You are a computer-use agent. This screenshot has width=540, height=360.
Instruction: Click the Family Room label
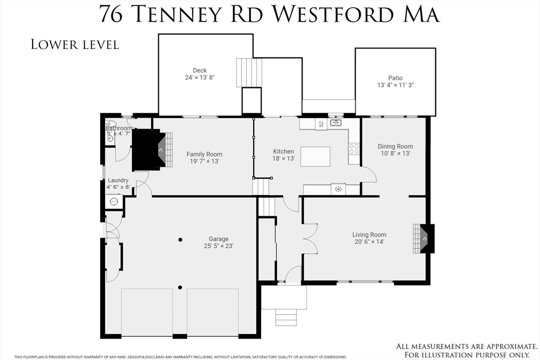click(204, 154)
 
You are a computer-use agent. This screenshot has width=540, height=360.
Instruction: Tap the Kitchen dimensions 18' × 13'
click(283, 159)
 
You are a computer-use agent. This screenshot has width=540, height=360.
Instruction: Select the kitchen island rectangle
click(315, 157)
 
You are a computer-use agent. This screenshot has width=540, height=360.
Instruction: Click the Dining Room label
click(395, 147)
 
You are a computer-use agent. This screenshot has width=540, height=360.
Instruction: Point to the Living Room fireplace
click(423, 238)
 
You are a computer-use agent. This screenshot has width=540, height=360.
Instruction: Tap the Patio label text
click(395, 78)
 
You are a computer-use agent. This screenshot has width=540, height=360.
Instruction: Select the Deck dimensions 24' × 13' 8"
click(199, 77)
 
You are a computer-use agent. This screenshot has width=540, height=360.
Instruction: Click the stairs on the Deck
click(249, 73)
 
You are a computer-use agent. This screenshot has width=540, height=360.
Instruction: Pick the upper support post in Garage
click(180, 240)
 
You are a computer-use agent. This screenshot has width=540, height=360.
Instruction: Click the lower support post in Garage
click(180, 288)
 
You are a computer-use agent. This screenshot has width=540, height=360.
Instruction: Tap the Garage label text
click(218, 239)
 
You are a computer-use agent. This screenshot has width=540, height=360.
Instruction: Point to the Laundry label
click(118, 180)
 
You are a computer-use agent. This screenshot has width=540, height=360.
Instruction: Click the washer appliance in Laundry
click(113, 201)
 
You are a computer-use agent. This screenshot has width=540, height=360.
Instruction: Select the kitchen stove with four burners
click(354, 149)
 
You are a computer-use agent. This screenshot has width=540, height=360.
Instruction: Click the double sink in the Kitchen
click(335, 123)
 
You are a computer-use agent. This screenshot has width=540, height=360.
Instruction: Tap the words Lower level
click(75, 44)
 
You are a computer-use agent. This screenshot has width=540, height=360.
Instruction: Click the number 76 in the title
click(111, 14)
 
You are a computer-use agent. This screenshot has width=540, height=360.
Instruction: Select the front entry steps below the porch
click(286, 318)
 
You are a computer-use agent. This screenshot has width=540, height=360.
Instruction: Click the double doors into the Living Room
click(310, 238)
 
